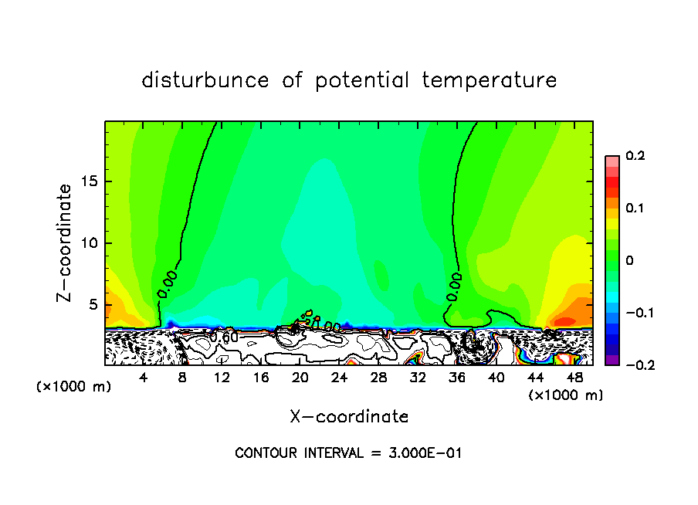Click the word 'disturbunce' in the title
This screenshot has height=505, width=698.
pyautogui.click(x=205, y=80)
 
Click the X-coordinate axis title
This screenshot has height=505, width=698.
pyautogui.click(x=349, y=417)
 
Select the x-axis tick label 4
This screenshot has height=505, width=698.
pyautogui.click(x=144, y=378)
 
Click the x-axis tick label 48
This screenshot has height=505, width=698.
pyautogui.click(x=574, y=378)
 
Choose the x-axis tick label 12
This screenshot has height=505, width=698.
pyautogui.click(x=222, y=378)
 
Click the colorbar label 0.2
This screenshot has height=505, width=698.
pyautogui.click(x=635, y=156)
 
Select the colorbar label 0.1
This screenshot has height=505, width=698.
pyautogui.click(x=635, y=208)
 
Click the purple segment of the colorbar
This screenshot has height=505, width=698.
pyautogui.click(x=612, y=360)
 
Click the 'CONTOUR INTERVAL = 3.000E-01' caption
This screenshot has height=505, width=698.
pyautogui.click(x=348, y=453)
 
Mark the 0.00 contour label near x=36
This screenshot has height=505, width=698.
pyautogui.click(x=454, y=286)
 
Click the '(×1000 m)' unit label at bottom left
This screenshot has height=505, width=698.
pyautogui.click(x=73, y=386)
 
